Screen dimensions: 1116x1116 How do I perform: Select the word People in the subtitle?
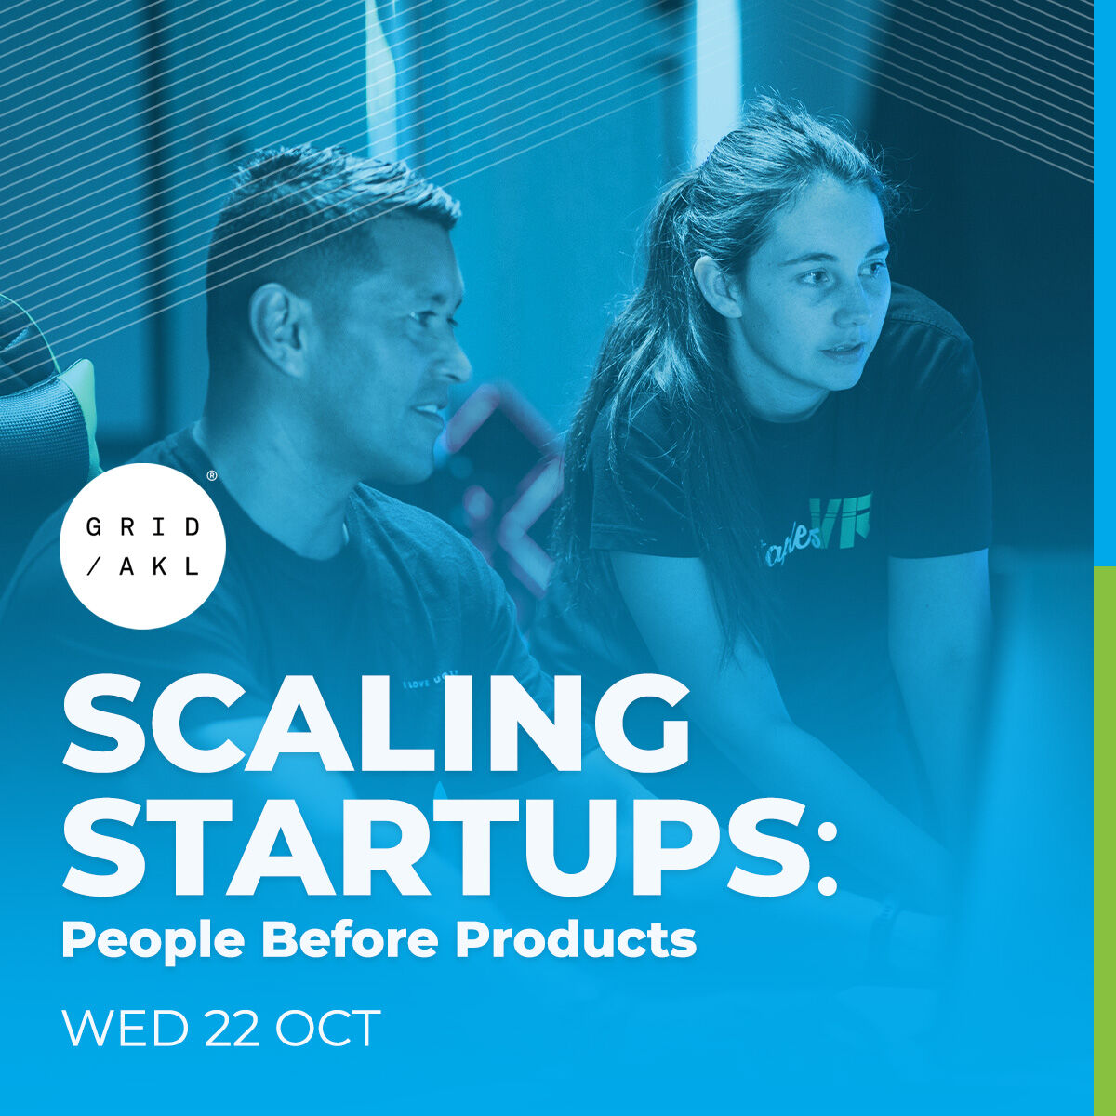pyautogui.click(x=153, y=941)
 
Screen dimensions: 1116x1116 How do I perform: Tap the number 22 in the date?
pyautogui.click(x=232, y=1029)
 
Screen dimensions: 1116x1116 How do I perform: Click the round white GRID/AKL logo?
pyautogui.click(x=142, y=546)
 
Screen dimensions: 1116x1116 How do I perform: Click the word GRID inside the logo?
pyautogui.click(x=142, y=527)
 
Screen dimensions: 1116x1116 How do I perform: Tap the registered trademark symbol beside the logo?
pyautogui.click(x=212, y=476)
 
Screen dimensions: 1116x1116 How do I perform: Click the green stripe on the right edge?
pyautogui.click(x=1104, y=837)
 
